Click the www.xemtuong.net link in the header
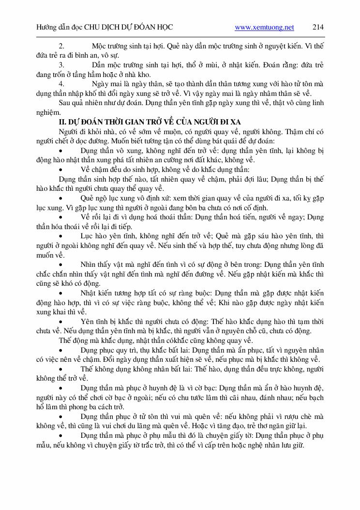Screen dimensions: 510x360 click(264, 28)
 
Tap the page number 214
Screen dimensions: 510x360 click(318, 28)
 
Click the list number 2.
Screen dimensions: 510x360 click(61, 46)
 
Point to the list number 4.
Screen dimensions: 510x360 click(61, 84)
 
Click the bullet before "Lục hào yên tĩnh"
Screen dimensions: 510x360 click(61, 236)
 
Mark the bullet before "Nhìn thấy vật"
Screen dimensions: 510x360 click(61, 264)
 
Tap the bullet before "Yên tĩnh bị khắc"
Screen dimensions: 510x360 click(61, 321)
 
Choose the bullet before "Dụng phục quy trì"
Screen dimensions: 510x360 click(61, 350)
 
